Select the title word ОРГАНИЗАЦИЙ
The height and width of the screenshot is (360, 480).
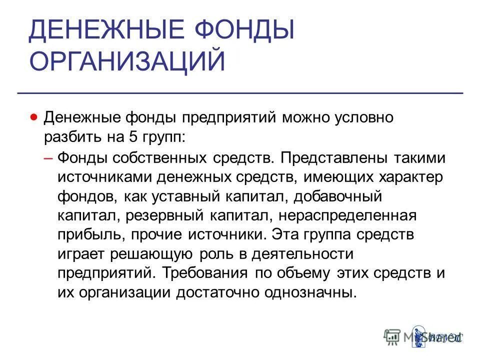click(x=127, y=61)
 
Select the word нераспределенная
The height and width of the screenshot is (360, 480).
click(x=347, y=216)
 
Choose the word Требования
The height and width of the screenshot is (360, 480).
click(x=209, y=273)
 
